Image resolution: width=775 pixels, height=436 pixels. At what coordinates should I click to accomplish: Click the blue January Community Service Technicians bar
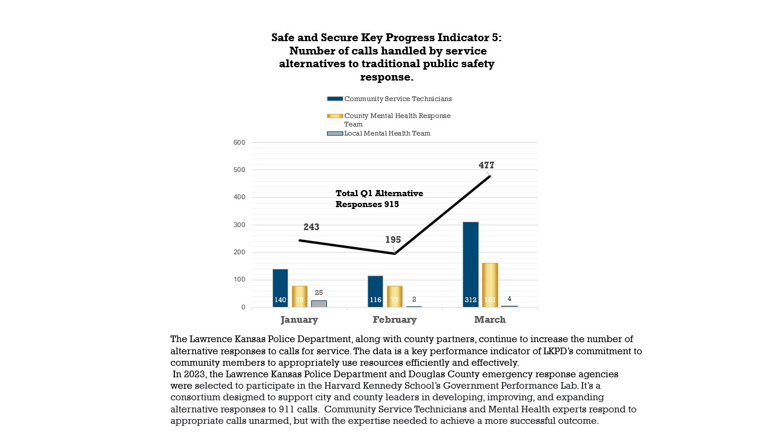[280, 288]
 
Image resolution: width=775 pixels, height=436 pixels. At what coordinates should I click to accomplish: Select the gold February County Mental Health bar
[395, 296]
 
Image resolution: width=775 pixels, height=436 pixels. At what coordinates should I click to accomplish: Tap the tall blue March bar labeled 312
[471, 265]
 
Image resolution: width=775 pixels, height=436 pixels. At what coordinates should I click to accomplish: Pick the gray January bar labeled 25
[319, 303]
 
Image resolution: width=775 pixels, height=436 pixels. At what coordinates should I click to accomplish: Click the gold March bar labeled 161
[490, 285]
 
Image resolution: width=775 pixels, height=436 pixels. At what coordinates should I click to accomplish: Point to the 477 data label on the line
[486, 165]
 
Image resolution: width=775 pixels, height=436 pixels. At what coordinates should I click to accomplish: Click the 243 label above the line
[311, 227]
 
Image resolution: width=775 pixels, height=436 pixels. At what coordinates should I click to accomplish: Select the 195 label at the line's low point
[393, 240]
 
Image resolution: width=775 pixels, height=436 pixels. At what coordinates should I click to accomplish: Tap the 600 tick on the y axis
[239, 142]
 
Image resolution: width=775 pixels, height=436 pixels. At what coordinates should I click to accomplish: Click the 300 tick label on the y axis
[239, 225]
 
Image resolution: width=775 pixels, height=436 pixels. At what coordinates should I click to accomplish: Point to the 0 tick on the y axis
[243, 307]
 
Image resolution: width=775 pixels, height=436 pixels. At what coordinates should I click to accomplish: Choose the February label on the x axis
[395, 320]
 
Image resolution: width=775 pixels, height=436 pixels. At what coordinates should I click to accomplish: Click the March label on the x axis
[490, 320]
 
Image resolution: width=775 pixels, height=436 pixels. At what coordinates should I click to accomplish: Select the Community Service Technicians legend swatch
[335, 99]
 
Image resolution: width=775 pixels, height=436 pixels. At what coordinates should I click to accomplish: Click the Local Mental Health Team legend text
[387, 134]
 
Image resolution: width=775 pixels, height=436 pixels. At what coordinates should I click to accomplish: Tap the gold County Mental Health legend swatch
[335, 116]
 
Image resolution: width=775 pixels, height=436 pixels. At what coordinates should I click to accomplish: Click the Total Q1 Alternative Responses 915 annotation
[379, 199]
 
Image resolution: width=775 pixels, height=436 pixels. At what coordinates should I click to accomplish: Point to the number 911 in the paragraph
[286, 409]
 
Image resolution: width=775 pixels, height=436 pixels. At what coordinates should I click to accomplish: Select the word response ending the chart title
[387, 77]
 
